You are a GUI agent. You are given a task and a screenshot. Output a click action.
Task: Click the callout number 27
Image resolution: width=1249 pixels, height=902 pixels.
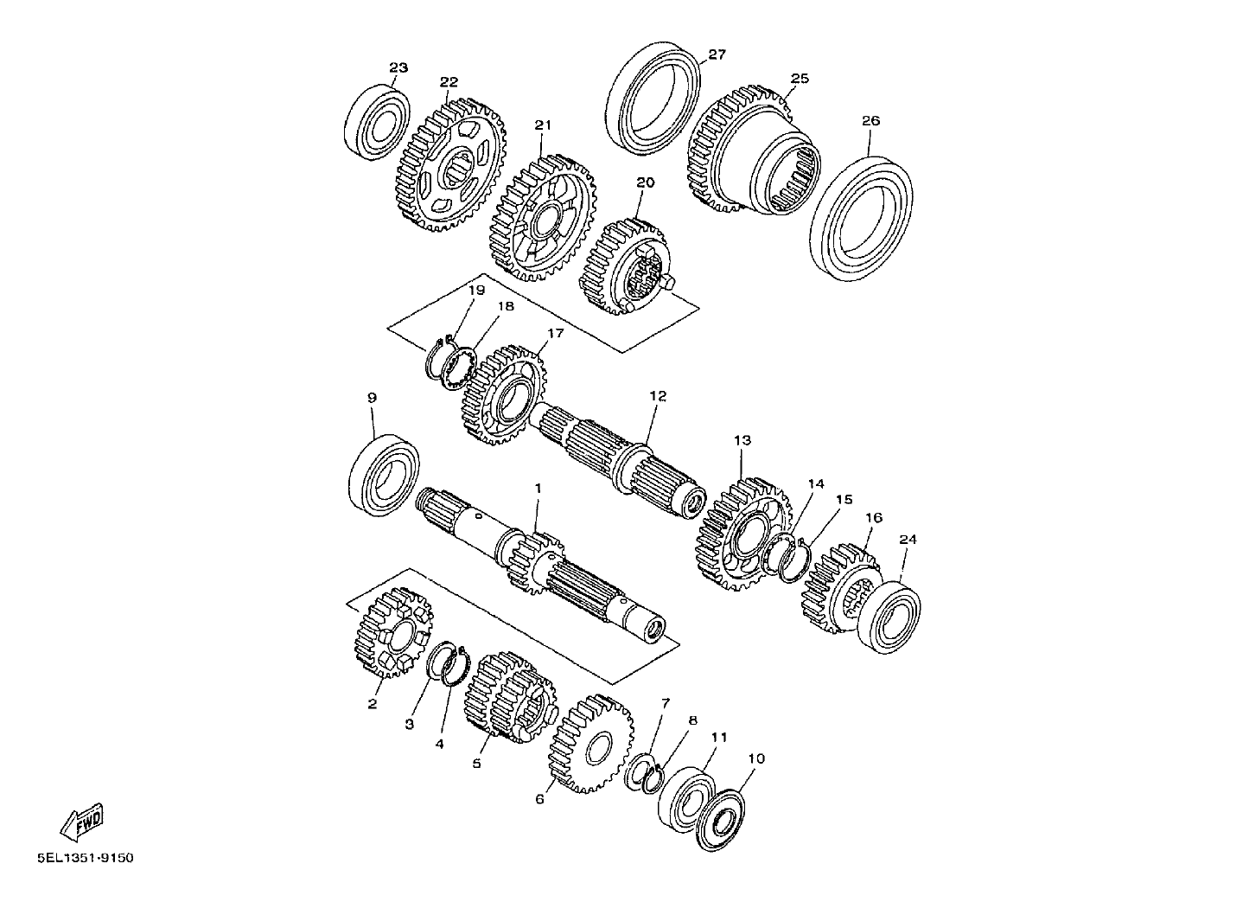717,54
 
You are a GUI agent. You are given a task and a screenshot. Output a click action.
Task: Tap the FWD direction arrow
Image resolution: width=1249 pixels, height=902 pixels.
82,822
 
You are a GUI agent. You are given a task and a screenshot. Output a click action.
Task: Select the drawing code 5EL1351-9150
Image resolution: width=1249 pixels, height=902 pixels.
86,858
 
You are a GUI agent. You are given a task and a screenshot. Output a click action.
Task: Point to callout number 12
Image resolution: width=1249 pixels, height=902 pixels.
658,396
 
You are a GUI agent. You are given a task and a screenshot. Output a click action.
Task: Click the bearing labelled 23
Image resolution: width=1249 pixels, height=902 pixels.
377,122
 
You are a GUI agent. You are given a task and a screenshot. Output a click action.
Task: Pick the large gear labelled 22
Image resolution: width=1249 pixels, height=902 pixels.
453,166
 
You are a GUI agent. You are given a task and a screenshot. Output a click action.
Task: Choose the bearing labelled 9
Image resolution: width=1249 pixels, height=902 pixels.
384,475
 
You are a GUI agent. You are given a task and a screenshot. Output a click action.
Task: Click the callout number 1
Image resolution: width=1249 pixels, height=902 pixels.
538,488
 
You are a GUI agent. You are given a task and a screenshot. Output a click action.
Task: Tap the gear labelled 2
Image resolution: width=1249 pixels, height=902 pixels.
393,632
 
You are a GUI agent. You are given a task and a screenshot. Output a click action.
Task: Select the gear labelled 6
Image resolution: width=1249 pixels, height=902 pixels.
591,744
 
